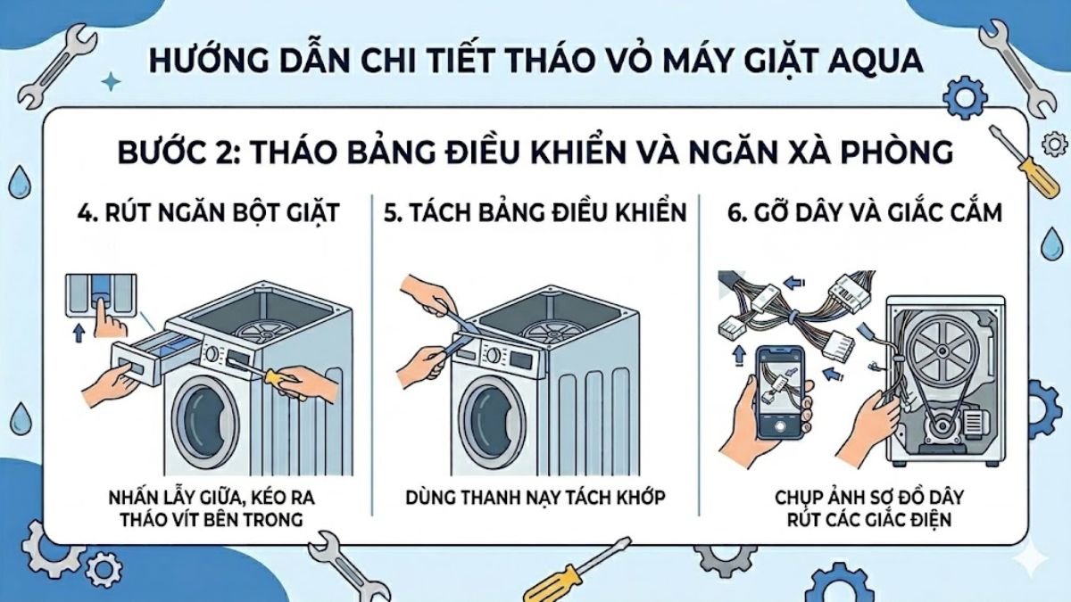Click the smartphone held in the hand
(779, 390)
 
